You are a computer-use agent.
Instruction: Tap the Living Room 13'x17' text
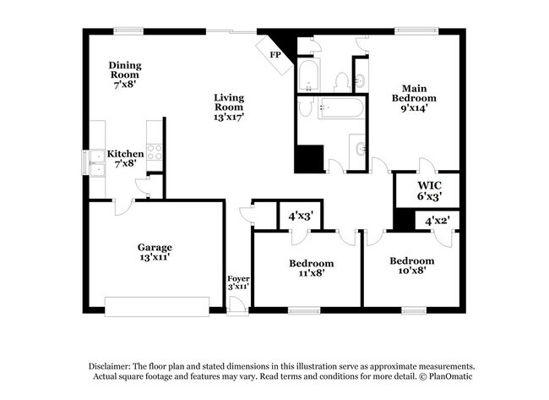[228, 107]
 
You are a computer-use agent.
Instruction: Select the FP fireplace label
[274, 55]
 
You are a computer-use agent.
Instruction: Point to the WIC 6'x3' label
[429, 190]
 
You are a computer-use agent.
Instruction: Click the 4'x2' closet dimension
[437, 221]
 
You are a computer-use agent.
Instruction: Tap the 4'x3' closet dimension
[301, 216]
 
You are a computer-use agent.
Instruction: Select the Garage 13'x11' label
[155, 254]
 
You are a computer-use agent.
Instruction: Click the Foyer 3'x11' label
[238, 282]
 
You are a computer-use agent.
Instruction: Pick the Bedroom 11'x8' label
[311, 267]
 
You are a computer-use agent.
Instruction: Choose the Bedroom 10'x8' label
[411, 266]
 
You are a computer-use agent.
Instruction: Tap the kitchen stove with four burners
[155, 152]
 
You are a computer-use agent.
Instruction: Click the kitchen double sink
[95, 161]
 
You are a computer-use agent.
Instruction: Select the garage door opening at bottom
[156, 305]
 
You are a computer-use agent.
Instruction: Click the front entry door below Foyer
[238, 310]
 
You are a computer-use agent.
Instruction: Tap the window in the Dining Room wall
[128, 31]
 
